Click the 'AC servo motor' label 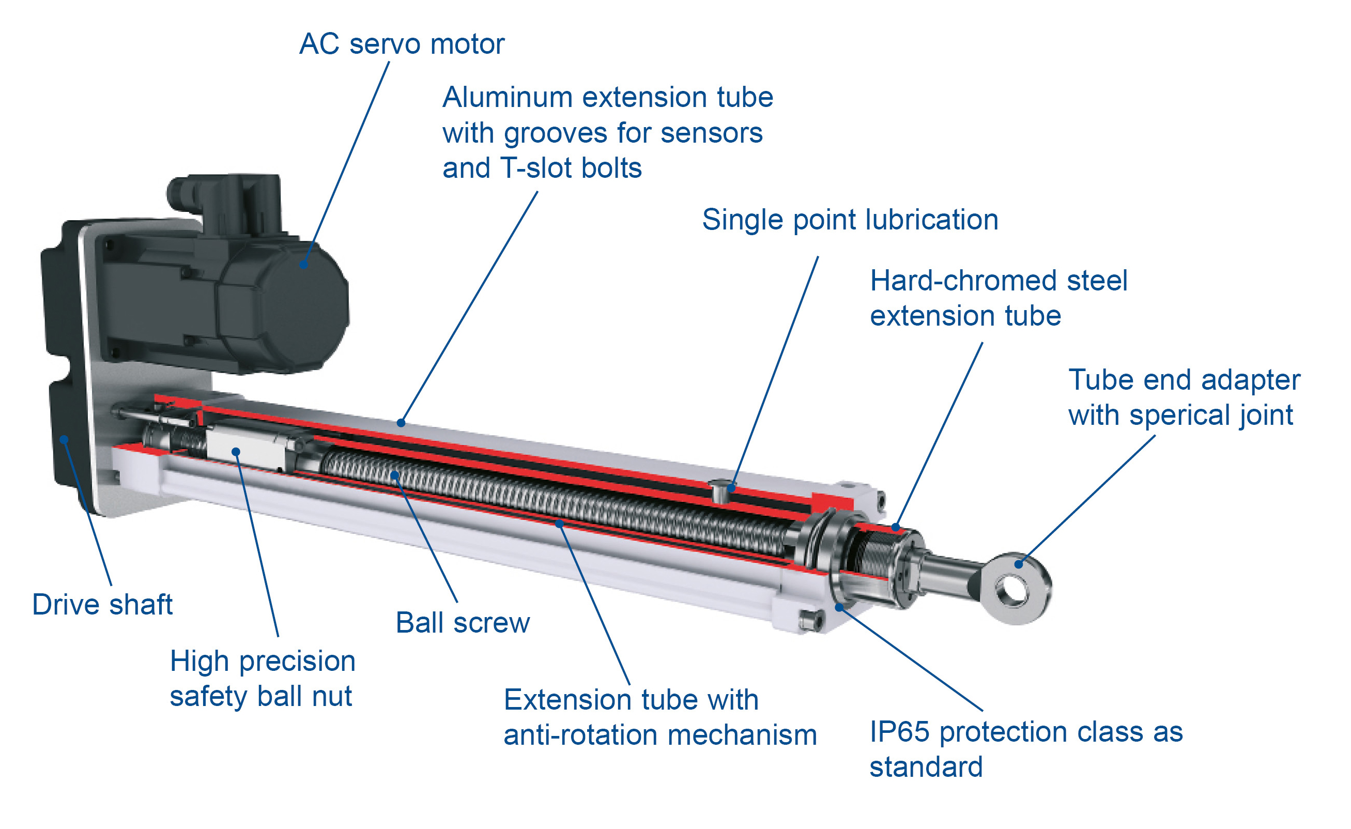[402, 44]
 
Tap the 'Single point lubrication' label [850, 220]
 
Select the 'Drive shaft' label [102, 605]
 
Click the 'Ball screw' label [463, 623]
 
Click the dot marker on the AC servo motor [303, 265]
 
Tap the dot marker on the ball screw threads [395, 475]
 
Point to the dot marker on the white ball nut [236, 452]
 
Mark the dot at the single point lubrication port [731, 487]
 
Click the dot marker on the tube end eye [1019, 564]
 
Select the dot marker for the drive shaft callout [64, 439]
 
